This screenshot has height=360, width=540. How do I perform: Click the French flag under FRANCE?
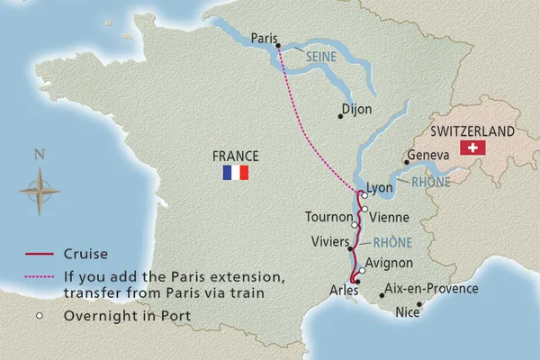click(235, 172)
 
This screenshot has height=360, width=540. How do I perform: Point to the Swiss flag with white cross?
click(472, 148)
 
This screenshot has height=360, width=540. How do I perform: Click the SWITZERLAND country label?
click(473, 130)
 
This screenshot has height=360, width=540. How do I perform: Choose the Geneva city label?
click(428, 155)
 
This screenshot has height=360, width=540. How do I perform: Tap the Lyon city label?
click(382, 189)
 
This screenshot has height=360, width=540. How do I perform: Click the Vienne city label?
click(389, 217)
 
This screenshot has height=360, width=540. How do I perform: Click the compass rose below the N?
click(39, 191)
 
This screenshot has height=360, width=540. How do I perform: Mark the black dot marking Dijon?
click(338, 114)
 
